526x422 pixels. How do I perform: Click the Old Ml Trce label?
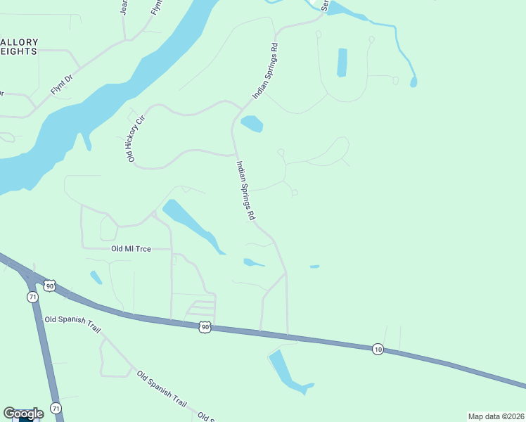click(x=131, y=248)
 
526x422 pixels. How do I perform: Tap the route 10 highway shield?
click(x=378, y=349)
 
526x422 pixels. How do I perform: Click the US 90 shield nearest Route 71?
click(x=49, y=285)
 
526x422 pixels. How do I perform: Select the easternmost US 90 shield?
click(x=205, y=327)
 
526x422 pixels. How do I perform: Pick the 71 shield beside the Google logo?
click(x=56, y=408)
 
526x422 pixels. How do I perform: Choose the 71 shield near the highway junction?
click(x=33, y=298)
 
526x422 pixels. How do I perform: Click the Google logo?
click(x=23, y=414)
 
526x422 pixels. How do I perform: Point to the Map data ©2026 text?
click(x=496, y=416)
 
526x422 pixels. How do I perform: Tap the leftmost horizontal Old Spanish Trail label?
click(x=74, y=319)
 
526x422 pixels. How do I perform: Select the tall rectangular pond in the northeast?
click(x=342, y=62)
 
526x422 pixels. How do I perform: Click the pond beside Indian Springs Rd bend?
click(x=252, y=124)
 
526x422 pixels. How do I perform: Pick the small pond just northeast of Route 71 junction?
click(x=96, y=277)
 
